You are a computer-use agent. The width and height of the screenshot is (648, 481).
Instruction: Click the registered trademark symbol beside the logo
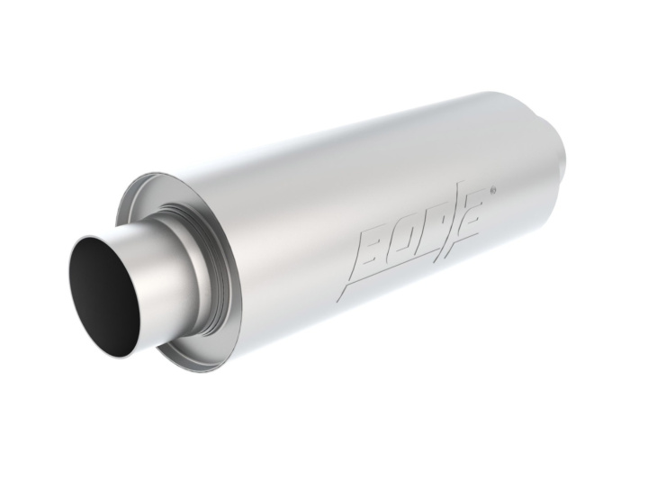pos(491,191)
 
